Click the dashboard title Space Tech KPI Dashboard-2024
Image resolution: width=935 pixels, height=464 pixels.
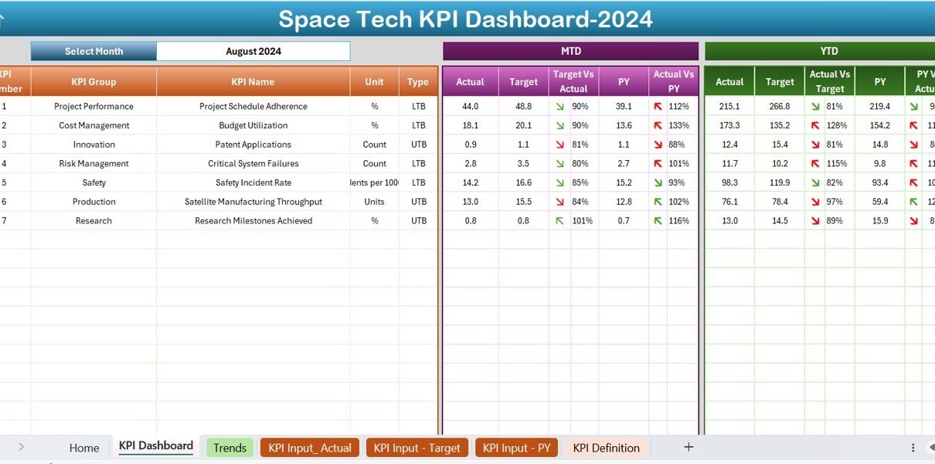465,19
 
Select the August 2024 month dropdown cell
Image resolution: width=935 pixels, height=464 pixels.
253,52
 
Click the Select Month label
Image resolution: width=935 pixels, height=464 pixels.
93,52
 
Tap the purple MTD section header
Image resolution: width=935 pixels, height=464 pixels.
570,51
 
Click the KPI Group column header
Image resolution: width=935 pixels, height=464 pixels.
93,81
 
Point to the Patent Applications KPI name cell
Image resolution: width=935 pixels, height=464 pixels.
253,145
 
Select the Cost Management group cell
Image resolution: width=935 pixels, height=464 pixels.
93,125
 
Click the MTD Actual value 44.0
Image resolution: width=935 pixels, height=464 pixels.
470,107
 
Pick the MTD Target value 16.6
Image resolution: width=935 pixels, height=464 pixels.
523,183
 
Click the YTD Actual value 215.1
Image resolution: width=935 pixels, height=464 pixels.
729,107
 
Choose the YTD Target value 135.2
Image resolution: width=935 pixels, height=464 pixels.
779,125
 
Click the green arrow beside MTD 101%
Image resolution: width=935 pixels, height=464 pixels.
559,221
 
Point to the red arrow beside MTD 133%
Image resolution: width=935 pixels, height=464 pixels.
658,125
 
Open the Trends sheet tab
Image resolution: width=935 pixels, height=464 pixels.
229,448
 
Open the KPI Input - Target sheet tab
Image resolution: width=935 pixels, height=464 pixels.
416,448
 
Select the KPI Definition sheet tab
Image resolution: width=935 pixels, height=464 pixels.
606,448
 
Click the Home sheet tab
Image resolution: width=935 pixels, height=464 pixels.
84,448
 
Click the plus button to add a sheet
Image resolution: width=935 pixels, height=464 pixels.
688,447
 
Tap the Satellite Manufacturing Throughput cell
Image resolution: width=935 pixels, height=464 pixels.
253,202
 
